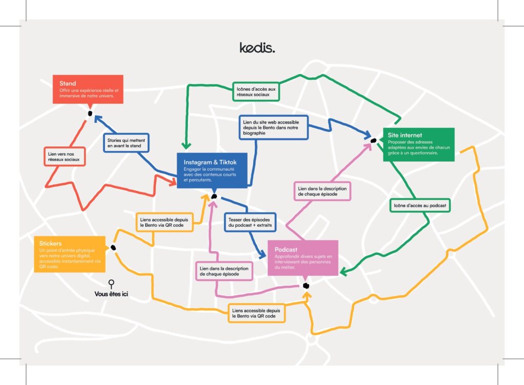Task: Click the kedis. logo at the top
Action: tap(257, 48)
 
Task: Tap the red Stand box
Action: tap(88, 90)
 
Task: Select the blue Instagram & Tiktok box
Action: tap(212, 169)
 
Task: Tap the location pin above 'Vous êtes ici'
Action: tap(111, 283)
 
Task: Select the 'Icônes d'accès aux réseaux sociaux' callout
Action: tap(256, 92)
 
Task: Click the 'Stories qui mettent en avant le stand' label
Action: tap(127, 143)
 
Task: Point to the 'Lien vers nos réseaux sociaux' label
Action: tap(63, 157)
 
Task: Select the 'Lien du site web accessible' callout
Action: tap(274, 127)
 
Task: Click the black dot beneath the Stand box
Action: tap(90, 114)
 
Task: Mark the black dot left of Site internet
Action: tap(374, 140)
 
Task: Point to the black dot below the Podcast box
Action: tap(306, 286)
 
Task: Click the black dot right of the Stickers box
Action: tap(113, 248)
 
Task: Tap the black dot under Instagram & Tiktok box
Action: tap(214, 196)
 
